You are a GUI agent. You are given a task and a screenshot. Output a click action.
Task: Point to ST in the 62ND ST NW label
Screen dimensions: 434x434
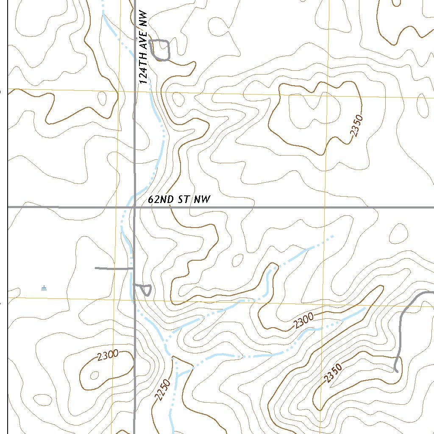[183, 200]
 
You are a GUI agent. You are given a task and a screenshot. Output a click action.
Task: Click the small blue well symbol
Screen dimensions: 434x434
[44, 288]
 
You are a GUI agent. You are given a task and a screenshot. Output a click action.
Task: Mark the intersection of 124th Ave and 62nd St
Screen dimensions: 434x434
[135, 207]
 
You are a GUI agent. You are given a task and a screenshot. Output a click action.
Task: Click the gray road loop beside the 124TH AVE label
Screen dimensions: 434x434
[161, 50]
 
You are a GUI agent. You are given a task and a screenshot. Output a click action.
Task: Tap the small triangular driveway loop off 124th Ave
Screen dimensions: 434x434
[145, 289]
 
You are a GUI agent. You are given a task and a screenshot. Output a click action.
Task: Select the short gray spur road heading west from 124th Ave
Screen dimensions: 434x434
[112, 268]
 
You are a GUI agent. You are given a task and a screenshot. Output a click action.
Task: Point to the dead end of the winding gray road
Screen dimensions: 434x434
[396, 371]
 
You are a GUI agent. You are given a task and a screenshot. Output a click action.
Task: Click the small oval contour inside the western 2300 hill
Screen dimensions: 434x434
[94, 375]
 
